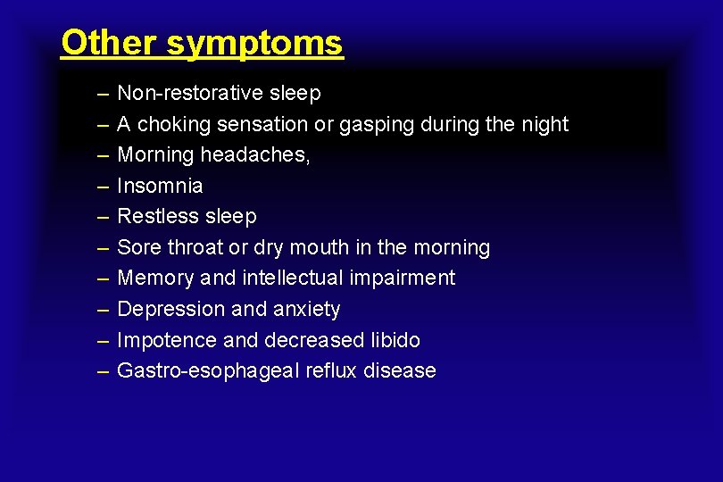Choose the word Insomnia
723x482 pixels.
[160, 186]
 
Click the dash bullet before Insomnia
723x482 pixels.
[101, 186]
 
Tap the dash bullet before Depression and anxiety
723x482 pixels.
[101, 309]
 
